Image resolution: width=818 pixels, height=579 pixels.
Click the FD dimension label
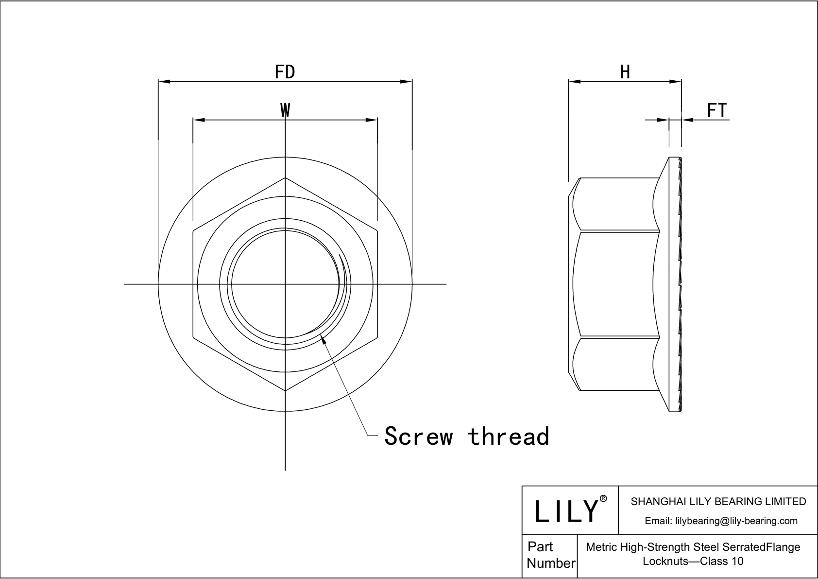click(285, 72)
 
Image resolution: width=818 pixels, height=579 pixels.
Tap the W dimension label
click(285, 110)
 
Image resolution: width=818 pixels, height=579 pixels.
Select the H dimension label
click(625, 72)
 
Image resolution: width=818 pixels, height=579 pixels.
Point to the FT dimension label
click(716, 110)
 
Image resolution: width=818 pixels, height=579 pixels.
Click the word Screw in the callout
click(419, 436)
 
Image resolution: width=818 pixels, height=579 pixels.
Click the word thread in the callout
click(509, 436)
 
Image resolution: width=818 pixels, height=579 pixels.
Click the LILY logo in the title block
click(565, 511)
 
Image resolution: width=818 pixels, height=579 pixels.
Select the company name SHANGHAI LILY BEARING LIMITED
click(718, 501)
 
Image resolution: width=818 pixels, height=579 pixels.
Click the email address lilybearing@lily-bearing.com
click(721, 521)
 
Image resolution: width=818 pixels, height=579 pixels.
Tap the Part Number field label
click(550, 555)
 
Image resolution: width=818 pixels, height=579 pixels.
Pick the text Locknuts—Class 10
click(693, 561)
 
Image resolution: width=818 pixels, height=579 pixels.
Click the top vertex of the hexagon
click(285, 178)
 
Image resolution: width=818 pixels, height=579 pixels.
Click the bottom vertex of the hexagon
click(285, 390)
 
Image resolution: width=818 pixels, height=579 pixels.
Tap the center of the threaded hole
click(285, 284)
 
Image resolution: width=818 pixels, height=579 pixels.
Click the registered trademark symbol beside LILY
click(603, 499)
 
